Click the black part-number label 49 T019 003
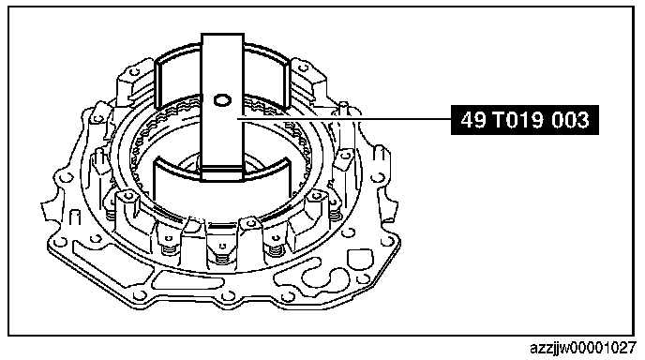(524, 120)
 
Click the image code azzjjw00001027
(583, 348)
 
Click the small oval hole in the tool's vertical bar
(222, 100)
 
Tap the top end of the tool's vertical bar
(222, 35)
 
